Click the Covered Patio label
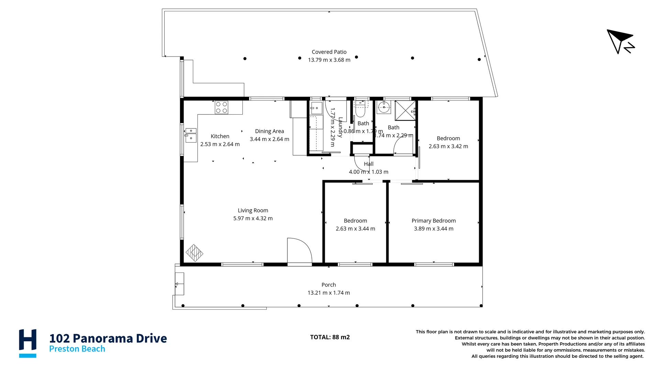[329, 52]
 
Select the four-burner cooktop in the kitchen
[221, 107]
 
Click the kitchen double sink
[191, 135]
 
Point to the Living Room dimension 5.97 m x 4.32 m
[253, 218]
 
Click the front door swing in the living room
[299, 251]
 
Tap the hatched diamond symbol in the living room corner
[194, 253]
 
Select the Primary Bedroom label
[433, 221]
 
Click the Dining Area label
[269, 131]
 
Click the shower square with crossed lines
[405, 111]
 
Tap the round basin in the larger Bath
[384, 107]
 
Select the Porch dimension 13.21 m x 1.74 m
[328, 293]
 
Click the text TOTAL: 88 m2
[330, 337]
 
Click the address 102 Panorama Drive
[108, 338]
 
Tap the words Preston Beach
[77, 349]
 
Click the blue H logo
[27, 343]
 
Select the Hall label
[368, 164]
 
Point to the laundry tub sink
[316, 108]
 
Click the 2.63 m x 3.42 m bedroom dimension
[448, 146]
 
